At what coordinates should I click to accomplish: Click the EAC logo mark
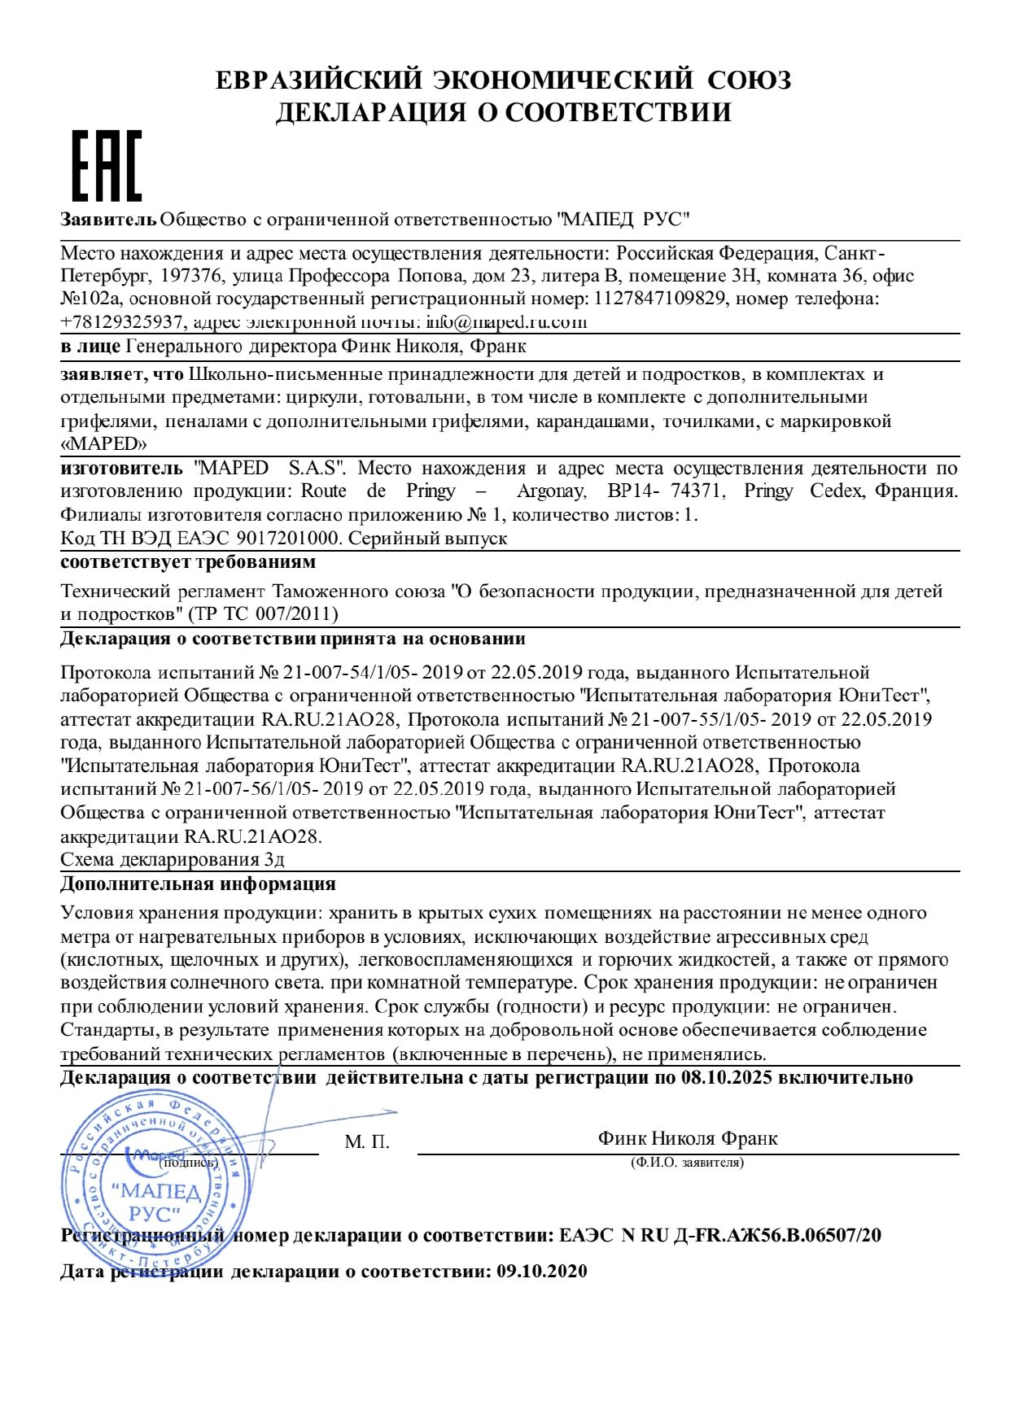(x=107, y=166)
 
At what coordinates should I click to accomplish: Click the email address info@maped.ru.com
(x=506, y=321)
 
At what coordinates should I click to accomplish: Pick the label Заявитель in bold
(x=108, y=220)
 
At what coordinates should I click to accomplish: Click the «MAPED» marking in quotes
(x=104, y=444)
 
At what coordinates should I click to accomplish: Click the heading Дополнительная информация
(x=198, y=884)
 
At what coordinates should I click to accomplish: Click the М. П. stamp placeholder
(x=367, y=1142)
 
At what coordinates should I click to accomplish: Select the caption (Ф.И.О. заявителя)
(x=687, y=1163)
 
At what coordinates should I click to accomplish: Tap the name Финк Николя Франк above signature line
(x=687, y=1138)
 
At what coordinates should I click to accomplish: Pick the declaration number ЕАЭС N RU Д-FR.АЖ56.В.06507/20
(x=719, y=1236)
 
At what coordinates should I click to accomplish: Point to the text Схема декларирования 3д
(x=173, y=860)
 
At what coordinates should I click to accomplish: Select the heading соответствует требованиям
(x=188, y=562)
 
